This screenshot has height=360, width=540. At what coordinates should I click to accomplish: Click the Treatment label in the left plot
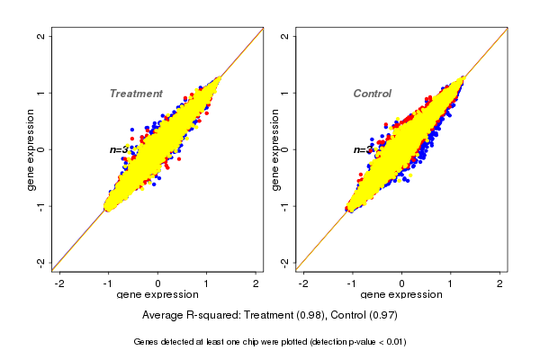click(x=136, y=94)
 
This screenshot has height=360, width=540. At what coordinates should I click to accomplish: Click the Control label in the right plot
click(x=372, y=94)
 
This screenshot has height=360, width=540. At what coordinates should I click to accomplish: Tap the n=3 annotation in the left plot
click(x=119, y=149)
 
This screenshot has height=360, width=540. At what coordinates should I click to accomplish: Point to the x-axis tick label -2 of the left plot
click(x=59, y=283)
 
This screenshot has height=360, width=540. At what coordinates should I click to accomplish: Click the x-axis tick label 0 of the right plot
click(x=402, y=283)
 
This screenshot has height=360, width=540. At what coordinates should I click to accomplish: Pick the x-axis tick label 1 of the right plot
click(x=452, y=283)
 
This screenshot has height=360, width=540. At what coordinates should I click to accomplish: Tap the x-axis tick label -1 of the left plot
click(x=109, y=283)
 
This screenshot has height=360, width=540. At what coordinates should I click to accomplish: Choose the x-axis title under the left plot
click(x=157, y=294)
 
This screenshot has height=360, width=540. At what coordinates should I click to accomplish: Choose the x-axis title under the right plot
click(x=401, y=294)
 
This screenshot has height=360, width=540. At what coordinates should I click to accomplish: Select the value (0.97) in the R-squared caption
click(x=382, y=315)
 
